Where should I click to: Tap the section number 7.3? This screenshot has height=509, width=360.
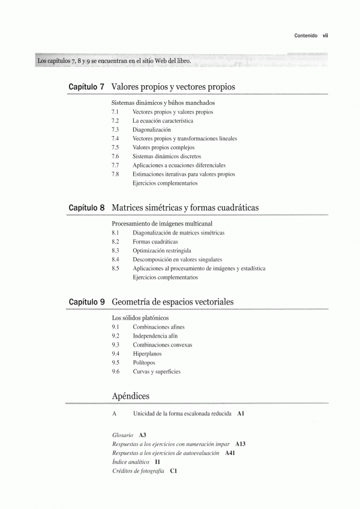click(115, 129)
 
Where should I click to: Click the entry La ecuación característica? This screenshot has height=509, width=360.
click(163, 121)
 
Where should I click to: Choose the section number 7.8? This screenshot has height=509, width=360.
click(115, 174)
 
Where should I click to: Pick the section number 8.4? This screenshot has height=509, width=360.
click(115, 260)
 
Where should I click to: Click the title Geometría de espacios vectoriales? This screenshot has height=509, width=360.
click(173, 301)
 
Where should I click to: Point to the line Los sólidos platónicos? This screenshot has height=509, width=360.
click(141, 318)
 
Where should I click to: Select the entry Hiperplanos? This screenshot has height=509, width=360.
click(146, 354)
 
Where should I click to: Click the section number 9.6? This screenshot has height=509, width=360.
click(115, 372)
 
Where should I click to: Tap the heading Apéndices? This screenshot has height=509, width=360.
click(131, 396)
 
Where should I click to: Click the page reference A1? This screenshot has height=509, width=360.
click(241, 414)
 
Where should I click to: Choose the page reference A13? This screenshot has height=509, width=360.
click(241, 444)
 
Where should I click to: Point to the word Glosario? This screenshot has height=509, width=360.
click(122, 434)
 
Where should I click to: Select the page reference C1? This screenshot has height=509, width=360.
click(173, 471)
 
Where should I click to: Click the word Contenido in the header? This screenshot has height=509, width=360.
click(306, 35)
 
